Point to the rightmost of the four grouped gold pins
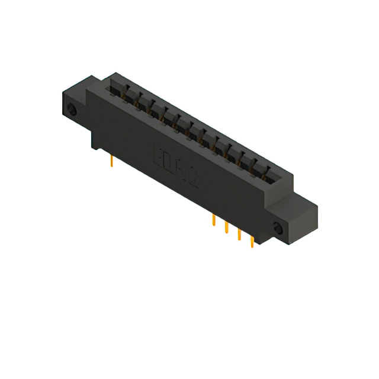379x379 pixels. [x=252, y=242]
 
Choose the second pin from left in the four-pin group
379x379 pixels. [x=226, y=227]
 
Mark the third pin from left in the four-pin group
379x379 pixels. [x=239, y=235]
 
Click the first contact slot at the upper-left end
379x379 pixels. [x=115, y=88]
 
